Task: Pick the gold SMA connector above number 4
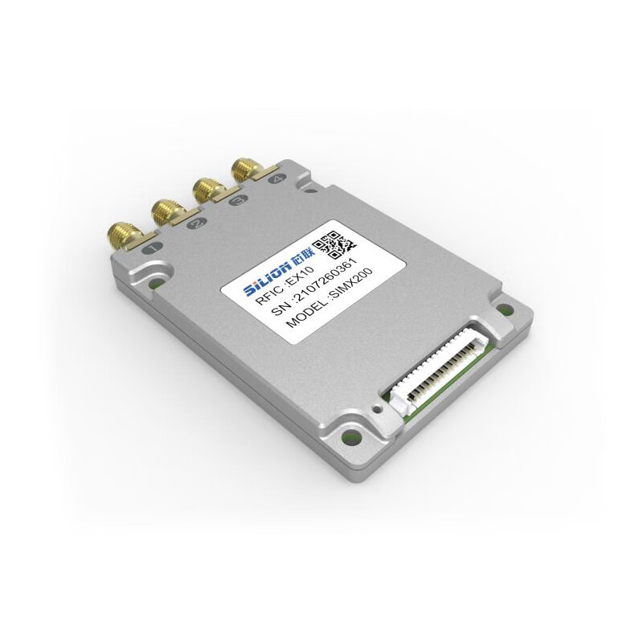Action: (242, 170)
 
